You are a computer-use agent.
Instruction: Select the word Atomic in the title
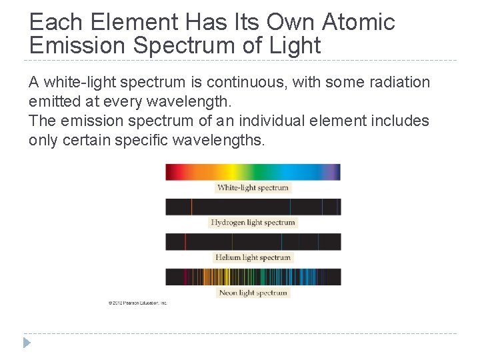pos(359,22)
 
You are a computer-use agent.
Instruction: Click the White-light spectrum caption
pos(253,188)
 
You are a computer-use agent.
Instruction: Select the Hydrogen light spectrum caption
pos(253,223)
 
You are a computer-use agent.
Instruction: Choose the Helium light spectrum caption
pos(253,257)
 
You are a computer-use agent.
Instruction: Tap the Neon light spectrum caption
pos(253,293)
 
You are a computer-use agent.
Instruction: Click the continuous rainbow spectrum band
pos(253,172)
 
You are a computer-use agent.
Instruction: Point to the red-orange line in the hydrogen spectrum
pos(191,207)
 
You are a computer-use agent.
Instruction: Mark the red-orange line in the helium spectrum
pos(185,241)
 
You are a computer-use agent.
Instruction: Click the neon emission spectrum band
pos(253,277)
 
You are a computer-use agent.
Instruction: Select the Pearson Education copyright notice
pos(137,303)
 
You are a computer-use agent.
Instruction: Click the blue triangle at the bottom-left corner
pos(27,343)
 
